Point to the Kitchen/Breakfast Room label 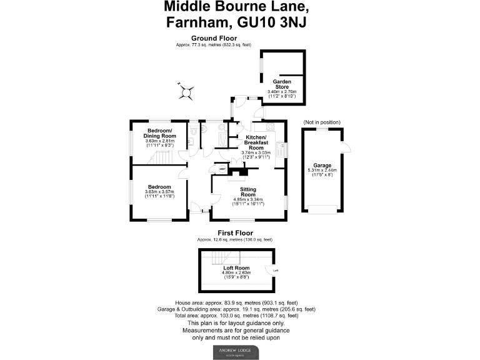(256, 142)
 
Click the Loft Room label (236, 267)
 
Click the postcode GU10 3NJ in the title (277, 23)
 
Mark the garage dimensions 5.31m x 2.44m (322, 170)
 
